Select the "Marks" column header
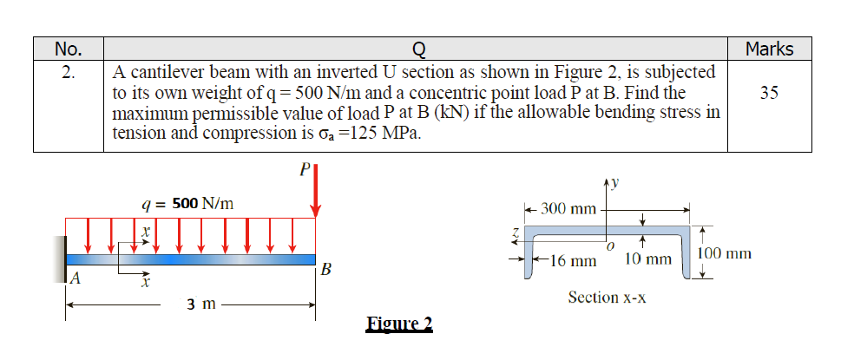tap(769, 49)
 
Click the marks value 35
tap(769, 92)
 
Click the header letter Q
tap(416, 49)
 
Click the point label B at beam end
tap(325, 269)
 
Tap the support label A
tap(76, 278)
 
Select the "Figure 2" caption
tap(398, 324)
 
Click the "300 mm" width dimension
tap(568, 209)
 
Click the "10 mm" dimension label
tap(647, 259)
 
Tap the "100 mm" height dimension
tap(724, 253)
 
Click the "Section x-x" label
tap(607, 298)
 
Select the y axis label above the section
tap(618, 182)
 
